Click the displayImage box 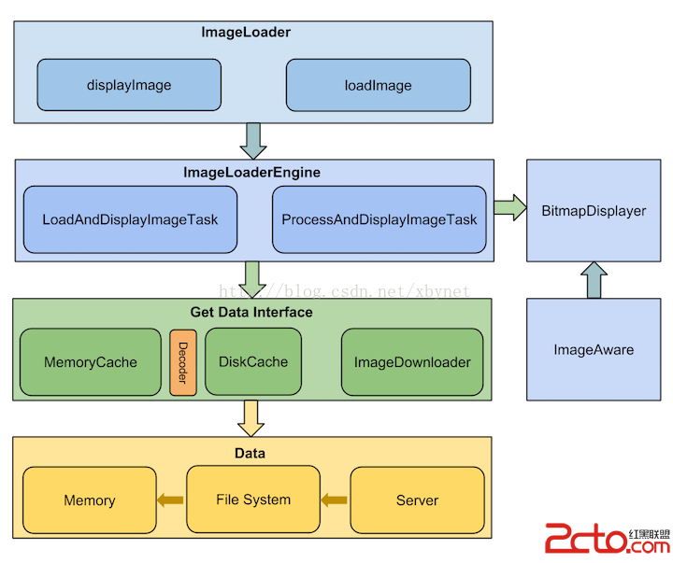[129, 85]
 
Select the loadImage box [378, 85]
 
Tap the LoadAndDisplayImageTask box [130, 220]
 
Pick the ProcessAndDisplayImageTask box [379, 220]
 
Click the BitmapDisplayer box [594, 211]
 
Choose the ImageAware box [594, 350]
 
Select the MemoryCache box [91, 362]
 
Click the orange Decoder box [183, 362]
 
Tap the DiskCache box [253, 361]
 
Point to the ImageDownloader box [412, 362]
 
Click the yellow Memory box [90, 500]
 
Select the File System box [253, 500]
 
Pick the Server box [417, 500]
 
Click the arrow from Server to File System [334, 500]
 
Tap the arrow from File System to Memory [171, 500]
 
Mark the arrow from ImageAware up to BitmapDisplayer [594, 280]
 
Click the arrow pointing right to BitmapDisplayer [509, 208]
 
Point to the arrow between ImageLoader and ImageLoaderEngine [253, 140]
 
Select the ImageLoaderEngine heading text [252, 173]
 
